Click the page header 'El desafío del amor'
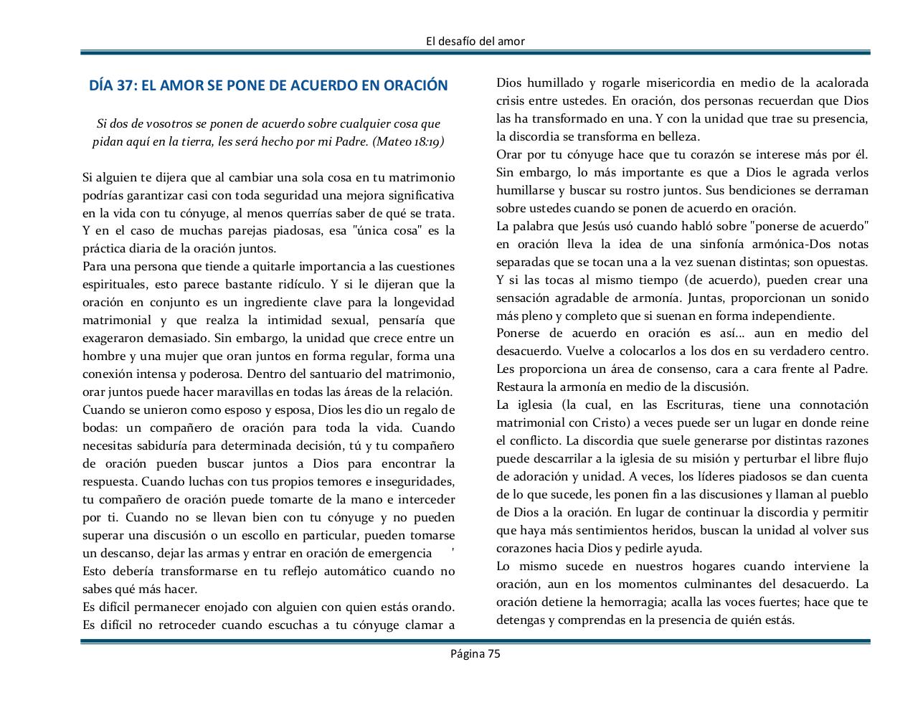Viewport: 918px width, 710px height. tap(475, 41)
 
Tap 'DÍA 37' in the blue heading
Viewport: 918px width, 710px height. tap(113, 85)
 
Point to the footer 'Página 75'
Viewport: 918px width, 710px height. tap(475, 653)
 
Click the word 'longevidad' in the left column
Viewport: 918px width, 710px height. tap(423, 303)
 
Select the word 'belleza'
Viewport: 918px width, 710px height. tap(676, 136)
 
